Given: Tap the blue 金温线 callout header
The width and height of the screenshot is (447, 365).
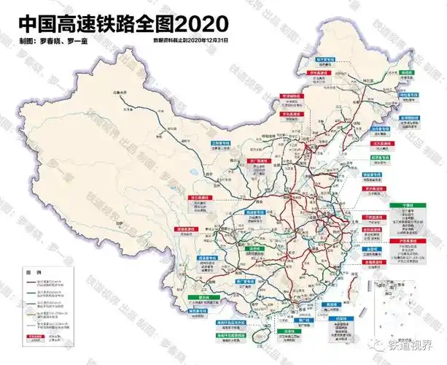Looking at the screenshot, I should pos(372,249).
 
